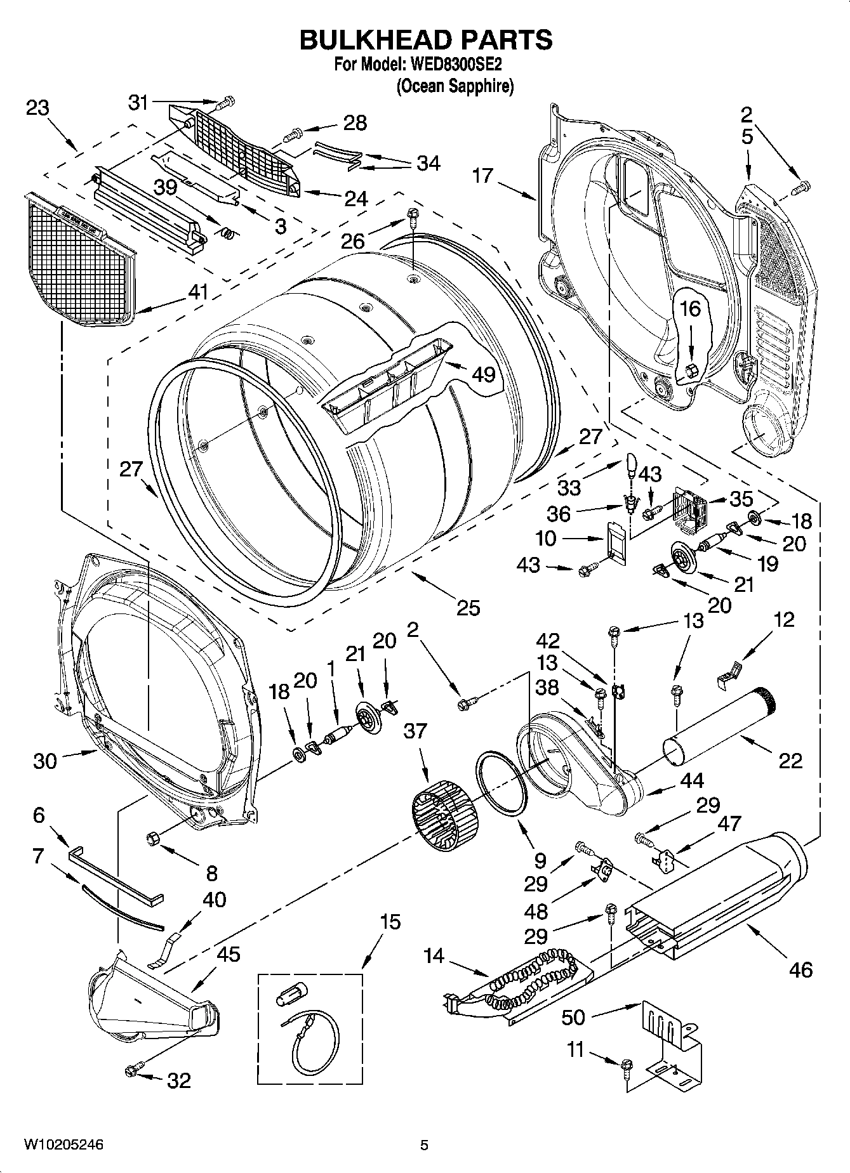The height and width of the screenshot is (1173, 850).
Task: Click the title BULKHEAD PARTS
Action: click(x=425, y=39)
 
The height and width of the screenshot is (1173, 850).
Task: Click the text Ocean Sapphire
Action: click(x=455, y=86)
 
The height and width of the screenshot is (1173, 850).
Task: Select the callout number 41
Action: click(x=199, y=292)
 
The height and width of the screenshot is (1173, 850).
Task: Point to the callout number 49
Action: click(x=484, y=374)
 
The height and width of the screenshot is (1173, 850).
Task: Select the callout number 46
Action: click(x=800, y=969)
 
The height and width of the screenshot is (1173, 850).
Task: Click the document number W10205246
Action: click(x=63, y=1145)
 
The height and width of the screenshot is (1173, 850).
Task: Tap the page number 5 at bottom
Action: click(x=425, y=1145)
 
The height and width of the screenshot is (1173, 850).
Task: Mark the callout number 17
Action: click(x=482, y=175)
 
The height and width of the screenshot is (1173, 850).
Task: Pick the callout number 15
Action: click(x=392, y=921)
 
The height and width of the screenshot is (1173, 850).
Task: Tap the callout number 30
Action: click(x=44, y=761)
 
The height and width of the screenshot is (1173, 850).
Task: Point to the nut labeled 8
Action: click(x=152, y=839)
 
